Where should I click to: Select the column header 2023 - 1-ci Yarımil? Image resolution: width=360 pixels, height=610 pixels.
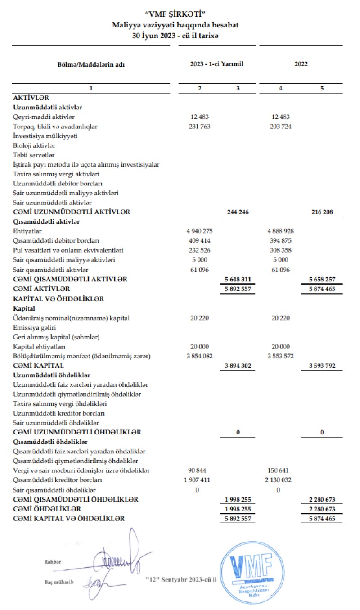click(x=217, y=64)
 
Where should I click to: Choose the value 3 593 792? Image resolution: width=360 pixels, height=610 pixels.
click(x=322, y=366)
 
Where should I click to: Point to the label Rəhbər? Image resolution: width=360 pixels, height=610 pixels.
click(x=52, y=562)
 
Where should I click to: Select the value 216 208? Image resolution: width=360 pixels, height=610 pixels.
click(x=322, y=212)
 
